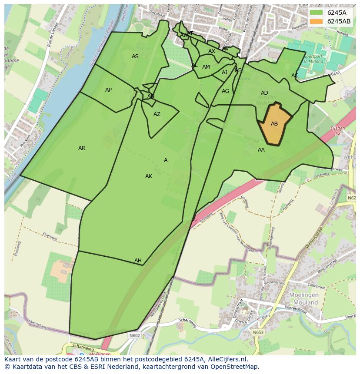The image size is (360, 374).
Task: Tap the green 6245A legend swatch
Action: (317, 12)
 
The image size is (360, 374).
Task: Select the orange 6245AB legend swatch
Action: (317, 21)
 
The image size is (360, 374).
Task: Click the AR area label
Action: (82, 148)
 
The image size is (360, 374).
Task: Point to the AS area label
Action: (135, 56)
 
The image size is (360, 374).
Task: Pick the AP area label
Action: (108, 90)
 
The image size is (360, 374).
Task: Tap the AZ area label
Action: (157, 114)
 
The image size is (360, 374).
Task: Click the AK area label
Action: (149, 176)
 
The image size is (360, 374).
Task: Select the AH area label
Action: (138, 261)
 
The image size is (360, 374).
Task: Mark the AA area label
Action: (261, 150)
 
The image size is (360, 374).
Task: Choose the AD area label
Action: (264, 93)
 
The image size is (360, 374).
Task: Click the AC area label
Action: (295, 76)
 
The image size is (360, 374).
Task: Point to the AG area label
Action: (225, 91)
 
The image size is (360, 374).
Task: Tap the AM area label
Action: (206, 67)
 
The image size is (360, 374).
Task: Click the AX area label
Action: (212, 51)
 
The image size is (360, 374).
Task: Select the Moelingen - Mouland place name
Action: (303, 299)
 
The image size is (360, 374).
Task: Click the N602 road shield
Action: (134, 335)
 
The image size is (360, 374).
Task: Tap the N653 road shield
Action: (258, 332)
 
